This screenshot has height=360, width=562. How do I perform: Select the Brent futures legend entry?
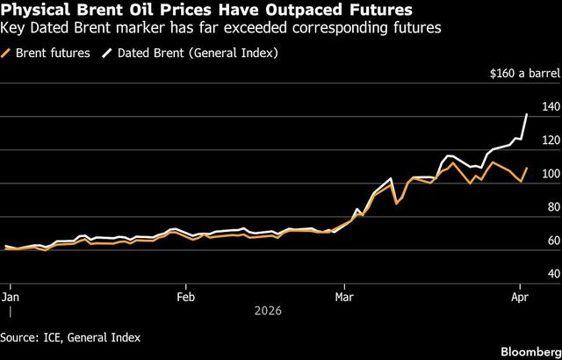(52, 54)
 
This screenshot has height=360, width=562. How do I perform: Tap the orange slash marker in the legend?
(8, 54)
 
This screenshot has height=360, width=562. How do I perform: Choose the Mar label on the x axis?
(343, 297)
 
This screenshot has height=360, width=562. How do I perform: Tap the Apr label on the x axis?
(520, 297)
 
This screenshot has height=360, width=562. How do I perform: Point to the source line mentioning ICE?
(70, 336)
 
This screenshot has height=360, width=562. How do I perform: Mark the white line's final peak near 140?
(526, 114)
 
